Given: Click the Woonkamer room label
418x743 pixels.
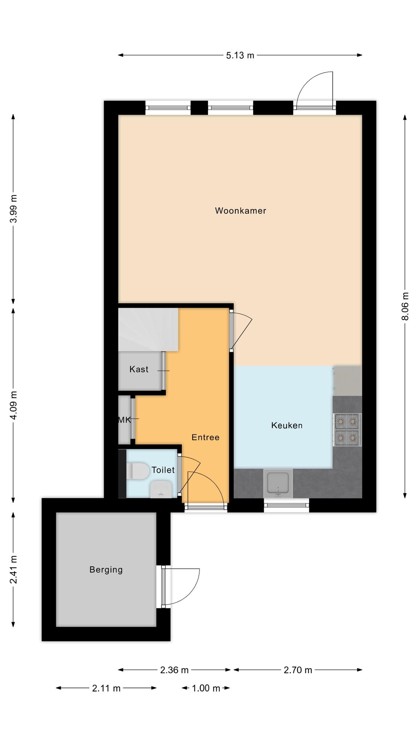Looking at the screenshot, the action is pos(241,211).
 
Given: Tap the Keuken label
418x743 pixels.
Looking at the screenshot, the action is pos(287,425).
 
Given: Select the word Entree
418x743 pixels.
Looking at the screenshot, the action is pos(205,437).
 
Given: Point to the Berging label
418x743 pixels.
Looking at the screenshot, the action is pos(106,570).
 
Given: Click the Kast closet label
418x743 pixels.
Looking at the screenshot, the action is pos(139,369).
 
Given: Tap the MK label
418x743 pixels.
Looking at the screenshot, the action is pos(124,420).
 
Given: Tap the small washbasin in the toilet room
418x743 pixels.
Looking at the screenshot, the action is pos(161,489).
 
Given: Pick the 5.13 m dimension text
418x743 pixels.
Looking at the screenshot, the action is pos(240,56).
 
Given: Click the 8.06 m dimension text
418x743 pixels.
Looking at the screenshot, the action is pos(405,306).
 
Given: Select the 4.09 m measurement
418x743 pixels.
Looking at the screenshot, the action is pos(13,405).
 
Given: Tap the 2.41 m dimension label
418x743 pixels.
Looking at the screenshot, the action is pos(13,570).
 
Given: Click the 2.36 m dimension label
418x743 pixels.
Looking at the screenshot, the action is pos(175,670).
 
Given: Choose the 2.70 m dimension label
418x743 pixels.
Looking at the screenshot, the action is pos(298,670).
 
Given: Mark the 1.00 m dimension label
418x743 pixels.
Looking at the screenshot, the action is pos(206,688).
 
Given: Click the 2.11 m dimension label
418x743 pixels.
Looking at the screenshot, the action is pos(106,688).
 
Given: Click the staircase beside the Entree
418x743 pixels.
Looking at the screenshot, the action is pos(148,329).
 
